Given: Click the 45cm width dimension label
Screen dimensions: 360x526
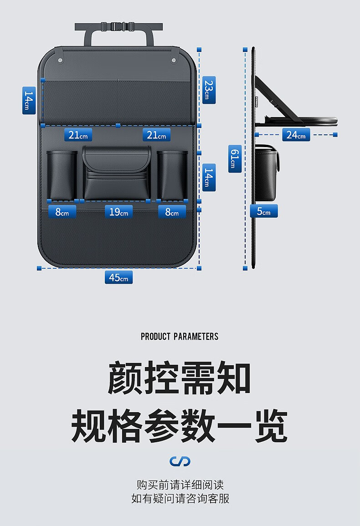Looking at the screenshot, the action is (118, 277).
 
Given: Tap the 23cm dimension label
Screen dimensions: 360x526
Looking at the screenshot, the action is (208, 90).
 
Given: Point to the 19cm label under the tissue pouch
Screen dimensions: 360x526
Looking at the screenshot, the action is (118, 212).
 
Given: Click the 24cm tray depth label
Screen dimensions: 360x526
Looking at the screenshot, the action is (296, 135).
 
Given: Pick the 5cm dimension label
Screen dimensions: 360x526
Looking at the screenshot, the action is (263, 211).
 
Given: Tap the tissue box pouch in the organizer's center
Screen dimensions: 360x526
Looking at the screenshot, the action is (117, 173).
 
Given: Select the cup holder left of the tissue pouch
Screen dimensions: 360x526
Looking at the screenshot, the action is (62, 175).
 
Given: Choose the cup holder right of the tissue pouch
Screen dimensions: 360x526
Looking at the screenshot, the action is (172, 175).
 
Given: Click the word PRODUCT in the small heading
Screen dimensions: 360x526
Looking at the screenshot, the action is (155, 337).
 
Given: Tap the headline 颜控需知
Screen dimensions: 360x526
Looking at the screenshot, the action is (180, 378).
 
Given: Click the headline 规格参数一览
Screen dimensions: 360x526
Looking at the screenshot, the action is (180, 426).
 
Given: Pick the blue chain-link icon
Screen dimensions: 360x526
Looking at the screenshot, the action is (180, 461).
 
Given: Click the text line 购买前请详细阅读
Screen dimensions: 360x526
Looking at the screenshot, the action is (180, 485).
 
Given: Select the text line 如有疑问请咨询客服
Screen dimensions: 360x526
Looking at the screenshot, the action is (180, 498).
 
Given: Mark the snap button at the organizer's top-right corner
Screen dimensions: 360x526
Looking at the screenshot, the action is (174, 60).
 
